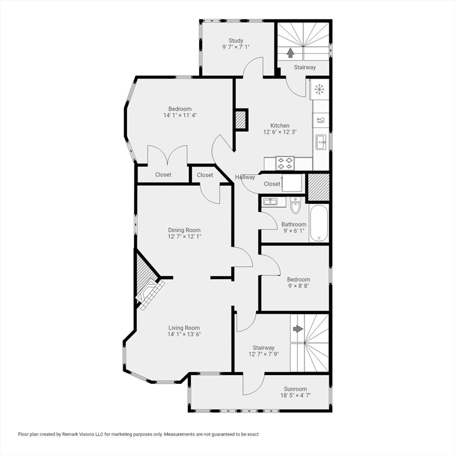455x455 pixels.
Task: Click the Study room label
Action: pyautogui.click(x=236, y=41)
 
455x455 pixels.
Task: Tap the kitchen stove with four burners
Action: pyautogui.click(x=284, y=163)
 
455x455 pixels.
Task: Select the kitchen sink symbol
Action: pyautogui.click(x=321, y=142)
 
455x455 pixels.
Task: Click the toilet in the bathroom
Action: pyautogui.click(x=296, y=205)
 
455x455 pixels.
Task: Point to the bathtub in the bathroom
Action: pyautogui.click(x=319, y=223)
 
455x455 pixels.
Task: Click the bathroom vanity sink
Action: pyautogui.click(x=270, y=201)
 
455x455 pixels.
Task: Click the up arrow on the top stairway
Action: pyautogui.click(x=290, y=53)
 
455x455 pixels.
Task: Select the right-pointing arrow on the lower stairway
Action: pyautogui.click(x=298, y=329)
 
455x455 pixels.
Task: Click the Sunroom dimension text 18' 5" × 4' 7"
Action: pyautogui.click(x=296, y=395)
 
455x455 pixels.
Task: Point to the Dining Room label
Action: pyautogui.click(x=184, y=230)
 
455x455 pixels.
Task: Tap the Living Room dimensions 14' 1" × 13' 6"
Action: pyautogui.click(x=184, y=334)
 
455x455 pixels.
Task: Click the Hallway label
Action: pyautogui.click(x=245, y=177)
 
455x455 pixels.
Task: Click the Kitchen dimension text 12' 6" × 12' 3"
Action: pyautogui.click(x=280, y=132)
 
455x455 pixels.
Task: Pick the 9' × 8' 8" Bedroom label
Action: pyautogui.click(x=299, y=286)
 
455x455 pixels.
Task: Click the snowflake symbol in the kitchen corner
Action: pyautogui.click(x=319, y=89)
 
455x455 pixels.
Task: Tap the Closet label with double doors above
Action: pyautogui.click(x=163, y=175)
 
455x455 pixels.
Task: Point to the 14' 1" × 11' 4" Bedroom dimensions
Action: pyautogui.click(x=180, y=115)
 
